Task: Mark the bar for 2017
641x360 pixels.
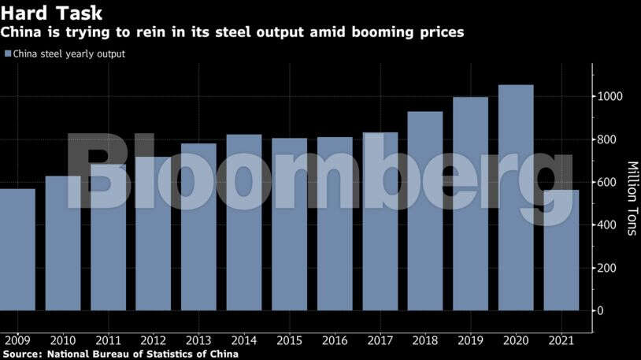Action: [380, 221]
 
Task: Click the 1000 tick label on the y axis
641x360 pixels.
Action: [610, 97]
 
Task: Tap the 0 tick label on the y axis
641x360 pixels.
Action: [600, 310]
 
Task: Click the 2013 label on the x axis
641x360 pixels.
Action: [198, 340]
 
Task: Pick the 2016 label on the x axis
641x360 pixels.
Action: [334, 340]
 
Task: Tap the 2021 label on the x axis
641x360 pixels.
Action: [561, 340]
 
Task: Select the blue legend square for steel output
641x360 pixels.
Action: [7, 54]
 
